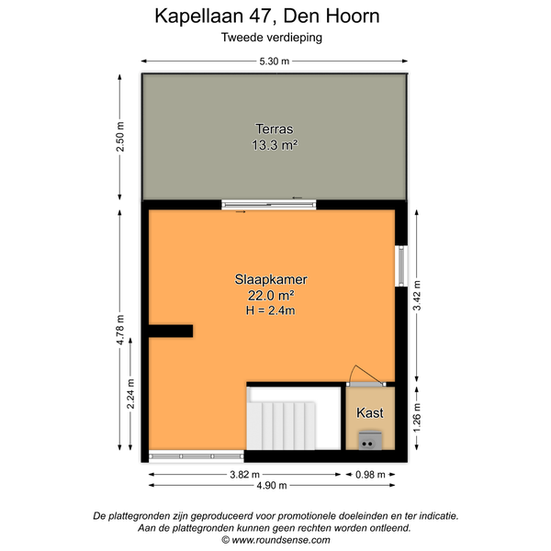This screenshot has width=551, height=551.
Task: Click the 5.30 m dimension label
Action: coord(274,62)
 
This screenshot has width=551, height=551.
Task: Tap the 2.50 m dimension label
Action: coord(120,137)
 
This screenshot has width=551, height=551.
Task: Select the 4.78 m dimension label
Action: coord(120,330)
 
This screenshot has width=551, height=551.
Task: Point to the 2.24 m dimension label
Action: coord(130,394)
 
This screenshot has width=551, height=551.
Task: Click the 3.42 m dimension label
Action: coord(417,296)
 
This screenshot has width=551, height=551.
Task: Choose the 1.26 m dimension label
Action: coord(417,418)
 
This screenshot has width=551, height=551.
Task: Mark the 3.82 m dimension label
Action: coord(244,475)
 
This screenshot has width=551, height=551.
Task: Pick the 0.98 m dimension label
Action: coord(370,475)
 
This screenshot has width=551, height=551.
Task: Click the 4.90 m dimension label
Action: coord(272,486)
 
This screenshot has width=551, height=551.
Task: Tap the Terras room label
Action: coord(274,129)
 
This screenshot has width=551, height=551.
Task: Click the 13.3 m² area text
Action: coord(275,145)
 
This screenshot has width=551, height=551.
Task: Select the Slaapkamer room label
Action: coord(271,280)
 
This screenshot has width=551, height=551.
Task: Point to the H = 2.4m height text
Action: coord(271,310)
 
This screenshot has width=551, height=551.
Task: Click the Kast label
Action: coord(370,413)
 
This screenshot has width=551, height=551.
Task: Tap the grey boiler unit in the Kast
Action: coord(370,441)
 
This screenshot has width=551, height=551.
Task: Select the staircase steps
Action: coord(281,426)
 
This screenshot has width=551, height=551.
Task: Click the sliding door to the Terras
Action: coord(269,205)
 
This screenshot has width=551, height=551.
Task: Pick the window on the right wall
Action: coord(401,266)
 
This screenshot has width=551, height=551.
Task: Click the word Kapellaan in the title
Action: coord(199,17)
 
